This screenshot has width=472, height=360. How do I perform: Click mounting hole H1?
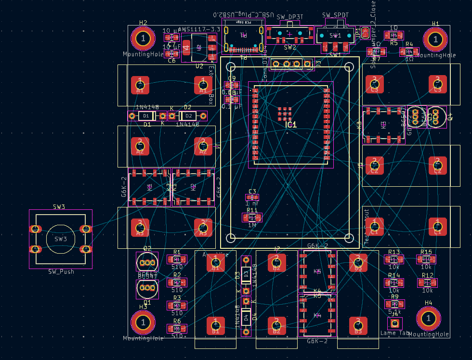[435, 39]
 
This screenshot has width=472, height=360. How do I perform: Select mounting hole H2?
[143, 38]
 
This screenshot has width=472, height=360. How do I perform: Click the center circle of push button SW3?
[60, 239]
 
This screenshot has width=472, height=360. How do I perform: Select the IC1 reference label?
[291, 125]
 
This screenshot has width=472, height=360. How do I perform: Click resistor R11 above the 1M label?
[252, 218]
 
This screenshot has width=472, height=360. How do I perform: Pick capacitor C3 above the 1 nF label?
[252, 197]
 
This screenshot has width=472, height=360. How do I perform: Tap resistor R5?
[394, 35]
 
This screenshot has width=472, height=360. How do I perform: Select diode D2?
[188, 116]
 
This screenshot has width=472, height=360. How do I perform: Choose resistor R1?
[177, 259]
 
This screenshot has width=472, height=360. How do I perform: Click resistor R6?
[177, 329]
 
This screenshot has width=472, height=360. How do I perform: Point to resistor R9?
[394, 304]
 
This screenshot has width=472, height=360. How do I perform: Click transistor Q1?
[147, 288]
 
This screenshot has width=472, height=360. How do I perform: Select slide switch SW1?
[335, 36]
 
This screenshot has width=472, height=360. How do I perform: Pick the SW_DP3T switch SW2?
[289, 33]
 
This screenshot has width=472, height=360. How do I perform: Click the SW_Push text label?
[61, 272]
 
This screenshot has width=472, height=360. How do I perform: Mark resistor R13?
[394, 259]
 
